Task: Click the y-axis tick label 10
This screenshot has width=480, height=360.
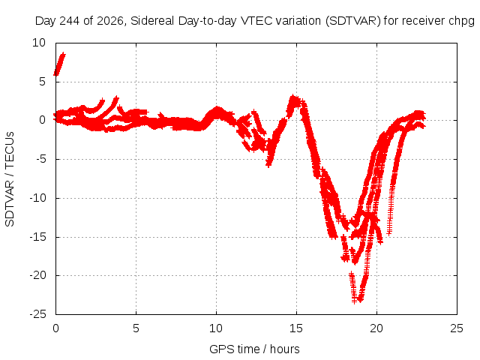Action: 39,43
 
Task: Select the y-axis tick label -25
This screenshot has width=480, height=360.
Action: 38,314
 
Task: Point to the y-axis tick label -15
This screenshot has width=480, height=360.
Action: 38,237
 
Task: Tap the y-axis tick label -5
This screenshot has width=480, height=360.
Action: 40,159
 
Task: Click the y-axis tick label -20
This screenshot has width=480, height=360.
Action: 38,275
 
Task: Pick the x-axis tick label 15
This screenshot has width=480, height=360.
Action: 296,328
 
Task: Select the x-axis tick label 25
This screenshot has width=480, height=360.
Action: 457,328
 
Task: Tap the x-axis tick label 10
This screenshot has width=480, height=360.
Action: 216,328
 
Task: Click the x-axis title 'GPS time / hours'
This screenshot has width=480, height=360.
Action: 254,349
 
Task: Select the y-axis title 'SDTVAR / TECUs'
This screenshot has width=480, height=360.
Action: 10,179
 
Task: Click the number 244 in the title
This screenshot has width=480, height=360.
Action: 70,21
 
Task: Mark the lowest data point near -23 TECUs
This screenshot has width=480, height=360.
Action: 354,301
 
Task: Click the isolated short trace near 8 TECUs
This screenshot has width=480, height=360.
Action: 60,64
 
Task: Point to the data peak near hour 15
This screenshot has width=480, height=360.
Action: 293,97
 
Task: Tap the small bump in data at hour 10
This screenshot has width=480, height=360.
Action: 217,109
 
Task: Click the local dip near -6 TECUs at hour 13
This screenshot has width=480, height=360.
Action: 268,165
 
